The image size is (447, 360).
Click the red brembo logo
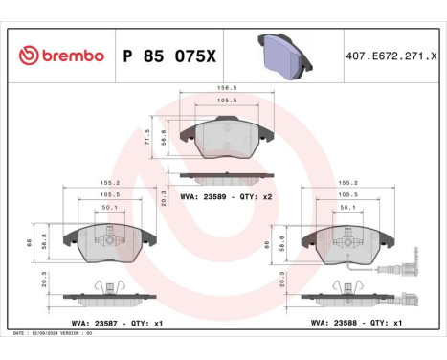point(61,56)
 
